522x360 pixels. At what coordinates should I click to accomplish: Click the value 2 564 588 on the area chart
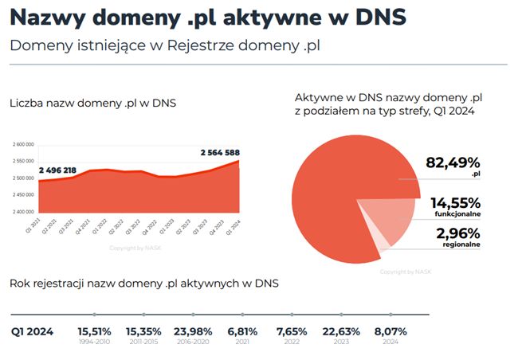click(220, 152)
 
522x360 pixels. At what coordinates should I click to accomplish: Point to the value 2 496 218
click(57, 170)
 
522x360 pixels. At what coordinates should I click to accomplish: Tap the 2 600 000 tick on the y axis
click(22, 145)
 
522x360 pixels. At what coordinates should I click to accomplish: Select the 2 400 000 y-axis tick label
click(22, 212)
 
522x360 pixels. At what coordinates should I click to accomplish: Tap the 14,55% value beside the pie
click(455, 202)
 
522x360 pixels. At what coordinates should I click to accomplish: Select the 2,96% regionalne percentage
click(457, 233)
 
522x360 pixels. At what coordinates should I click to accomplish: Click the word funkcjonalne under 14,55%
click(457, 214)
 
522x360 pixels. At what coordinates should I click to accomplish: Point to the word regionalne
click(460, 245)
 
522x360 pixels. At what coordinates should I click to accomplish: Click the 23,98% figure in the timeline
click(193, 331)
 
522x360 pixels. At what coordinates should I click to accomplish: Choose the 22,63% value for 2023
click(341, 331)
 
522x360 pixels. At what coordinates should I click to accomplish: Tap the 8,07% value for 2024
click(391, 331)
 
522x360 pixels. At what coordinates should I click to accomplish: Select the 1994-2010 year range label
click(94, 342)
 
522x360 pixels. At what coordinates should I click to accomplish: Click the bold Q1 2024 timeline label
click(33, 331)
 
